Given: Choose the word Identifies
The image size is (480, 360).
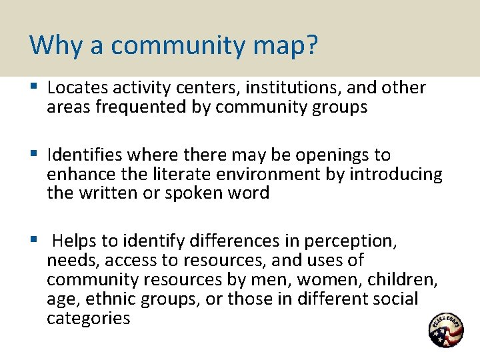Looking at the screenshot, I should [x=86, y=155].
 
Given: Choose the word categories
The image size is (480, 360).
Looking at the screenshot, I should [x=88, y=318].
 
